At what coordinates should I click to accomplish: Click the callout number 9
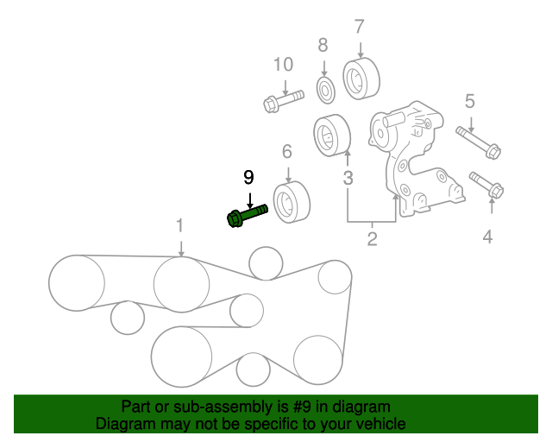point(248,179)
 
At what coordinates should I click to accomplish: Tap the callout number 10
point(283,65)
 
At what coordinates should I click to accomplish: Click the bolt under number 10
point(282,99)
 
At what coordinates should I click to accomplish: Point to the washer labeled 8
point(326,87)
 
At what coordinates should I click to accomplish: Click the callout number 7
point(360,26)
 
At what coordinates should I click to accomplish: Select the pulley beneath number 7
point(358,79)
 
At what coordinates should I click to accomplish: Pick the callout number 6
point(287,153)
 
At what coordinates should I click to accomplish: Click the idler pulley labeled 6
point(292,203)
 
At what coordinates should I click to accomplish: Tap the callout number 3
point(348,180)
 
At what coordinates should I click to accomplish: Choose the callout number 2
point(372,239)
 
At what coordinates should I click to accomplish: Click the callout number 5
point(470,102)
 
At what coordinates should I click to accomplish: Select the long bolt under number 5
point(480,142)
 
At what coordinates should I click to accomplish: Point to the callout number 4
point(488,235)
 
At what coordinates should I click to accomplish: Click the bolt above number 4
point(487,185)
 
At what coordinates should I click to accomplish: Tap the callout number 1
point(180,226)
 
